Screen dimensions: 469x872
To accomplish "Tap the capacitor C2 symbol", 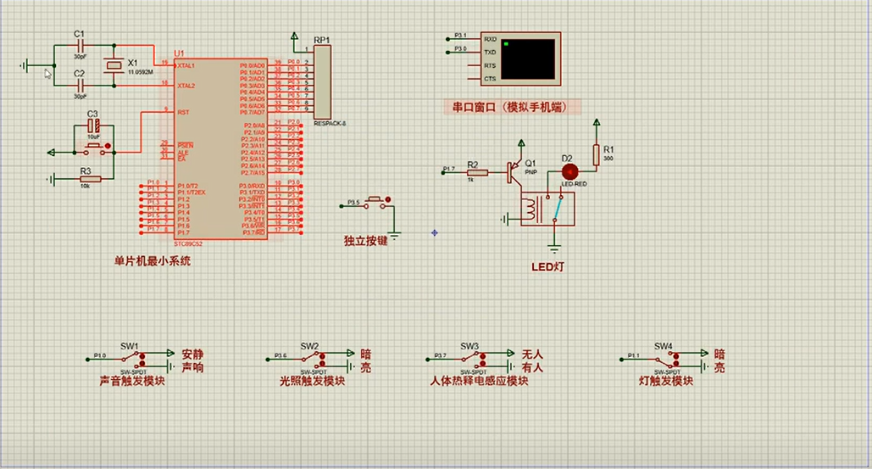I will pyautogui.click(x=80, y=85).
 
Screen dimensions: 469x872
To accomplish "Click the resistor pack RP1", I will pyautogui.click(x=322, y=83).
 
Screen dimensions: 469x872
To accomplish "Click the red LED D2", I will pyautogui.click(x=568, y=170).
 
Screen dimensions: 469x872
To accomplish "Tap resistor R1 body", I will pyautogui.click(x=597, y=154).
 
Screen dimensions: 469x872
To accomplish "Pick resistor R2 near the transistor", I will pyautogui.click(x=478, y=173).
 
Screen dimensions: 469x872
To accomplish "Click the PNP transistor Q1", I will pyautogui.click(x=514, y=171).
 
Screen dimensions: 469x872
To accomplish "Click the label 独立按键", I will pyautogui.click(x=365, y=241).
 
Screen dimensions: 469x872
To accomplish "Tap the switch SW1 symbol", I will pyautogui.click(x=130, y=359).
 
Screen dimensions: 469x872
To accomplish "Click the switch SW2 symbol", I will pyautogui.click(x=309, y=359).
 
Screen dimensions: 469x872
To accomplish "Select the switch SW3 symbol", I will pyautogui.click(x=469, y=359).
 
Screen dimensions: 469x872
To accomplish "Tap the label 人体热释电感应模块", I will pyautogui.click(x=479, y=382).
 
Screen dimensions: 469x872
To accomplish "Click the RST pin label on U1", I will pyautogui.click(x=182, y=111).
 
